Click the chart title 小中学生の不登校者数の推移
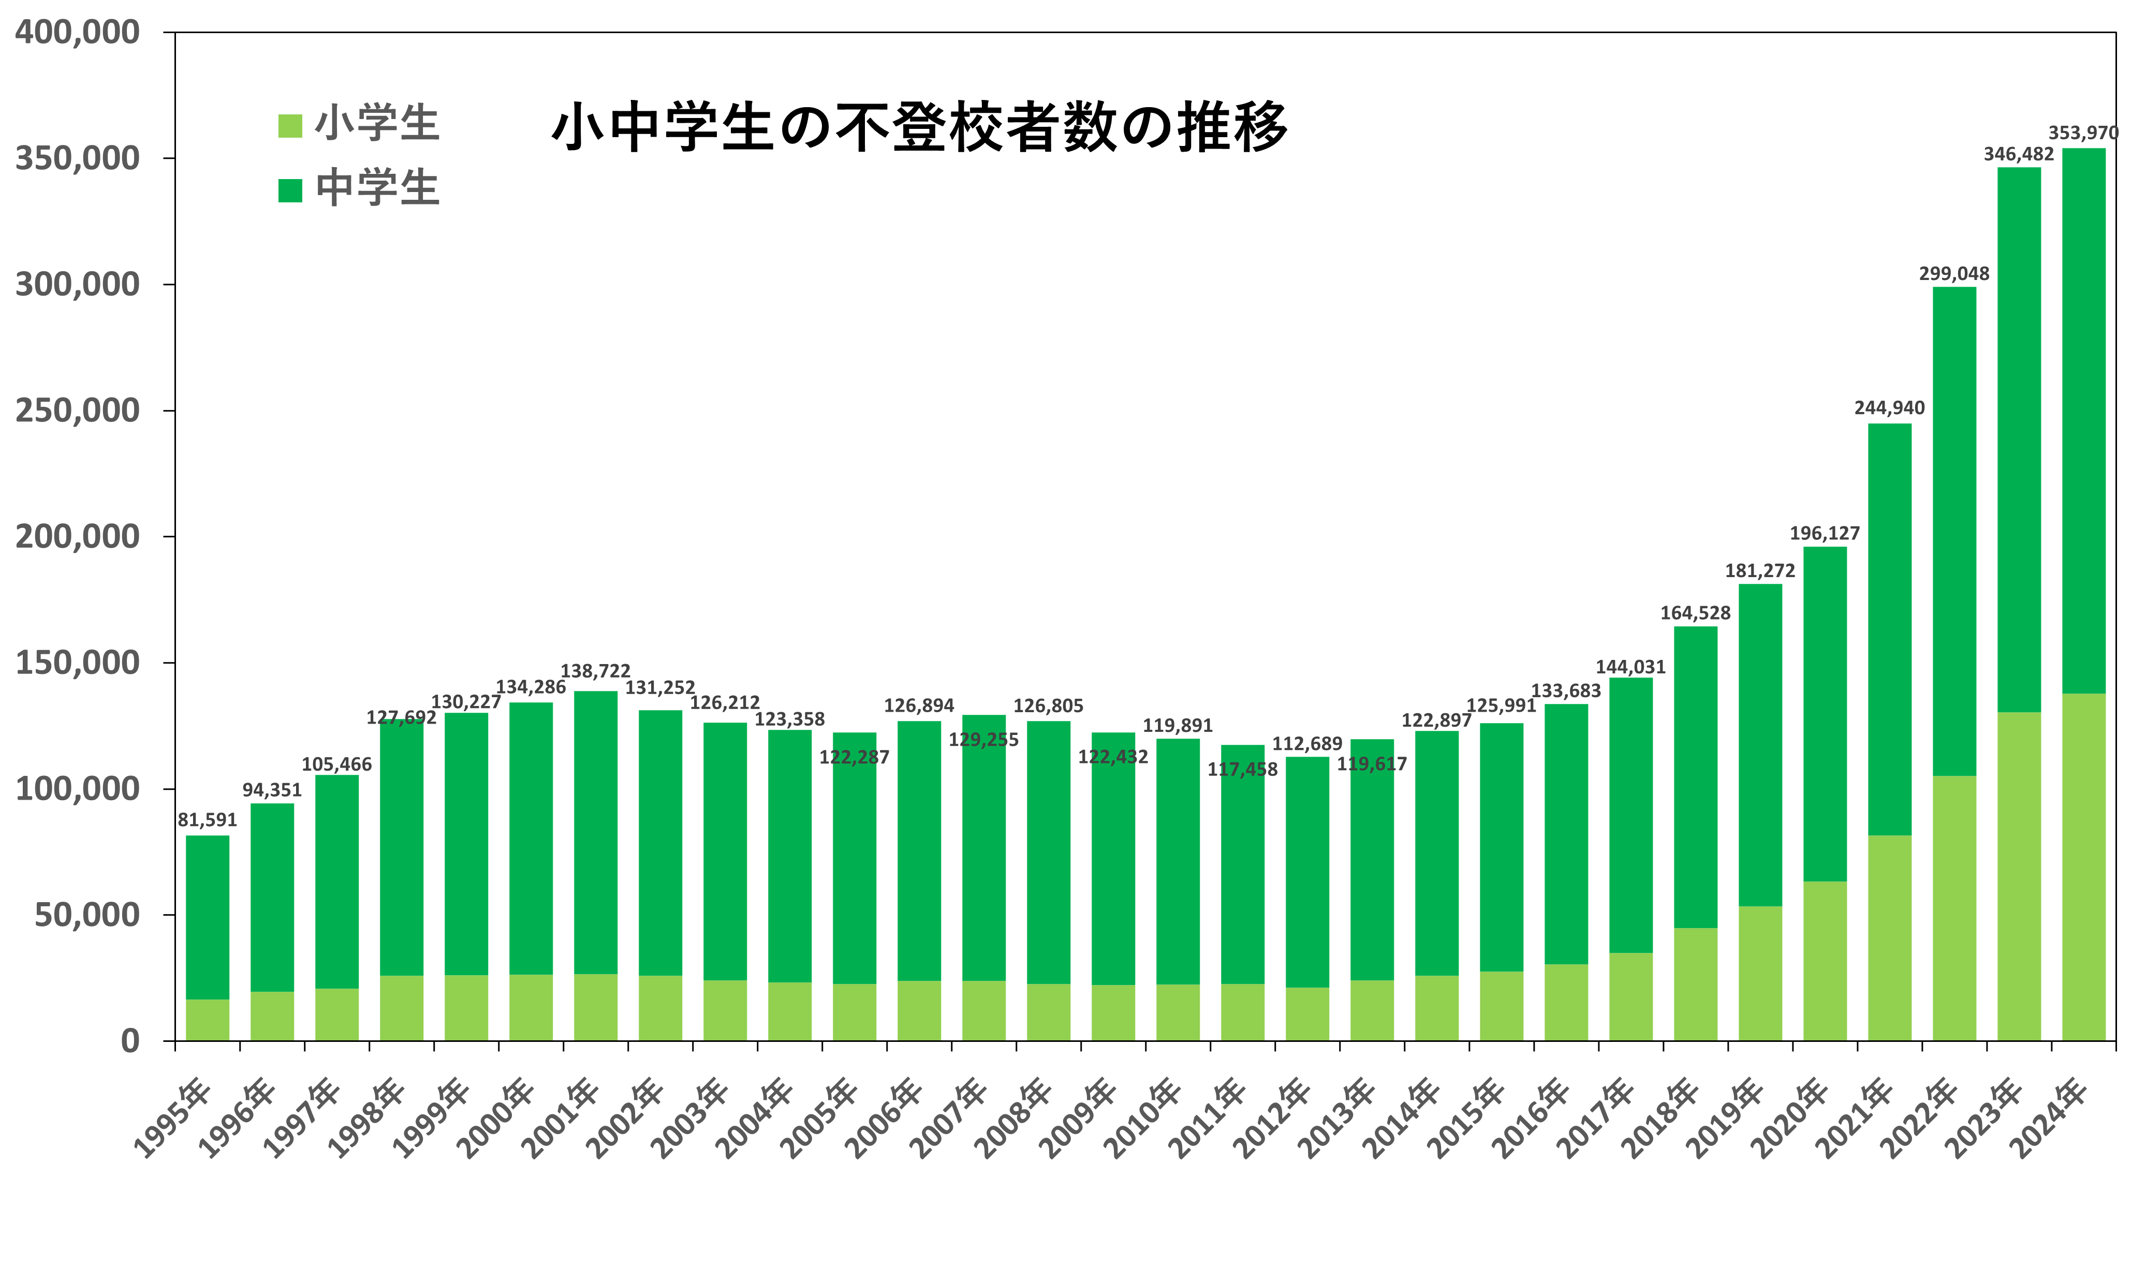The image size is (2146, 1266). [919, 128]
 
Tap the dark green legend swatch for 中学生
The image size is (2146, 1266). [290, 190]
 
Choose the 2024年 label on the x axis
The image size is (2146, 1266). [2051, 1117]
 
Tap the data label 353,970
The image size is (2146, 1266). [2083, 133]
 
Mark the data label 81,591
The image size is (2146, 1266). [207, 820]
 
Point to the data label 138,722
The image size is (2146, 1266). [595, 671]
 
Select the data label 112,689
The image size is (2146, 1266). [1307, 744]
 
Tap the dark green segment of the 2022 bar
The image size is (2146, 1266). [1954, 529]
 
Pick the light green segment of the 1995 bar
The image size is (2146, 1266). [207, 1020]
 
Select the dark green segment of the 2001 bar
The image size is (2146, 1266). [595, 832]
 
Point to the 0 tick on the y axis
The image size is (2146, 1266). [129, 1041]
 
